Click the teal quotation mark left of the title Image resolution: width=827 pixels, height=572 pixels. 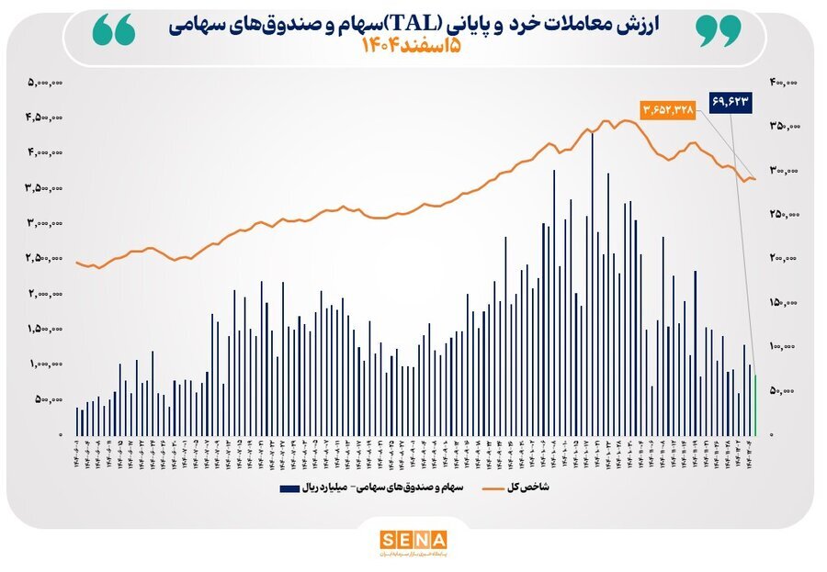coord(114,31)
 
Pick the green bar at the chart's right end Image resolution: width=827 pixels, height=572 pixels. coord(755,405)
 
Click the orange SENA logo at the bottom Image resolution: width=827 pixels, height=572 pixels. coord(413,540)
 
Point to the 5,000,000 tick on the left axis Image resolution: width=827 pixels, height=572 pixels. coord(44,83)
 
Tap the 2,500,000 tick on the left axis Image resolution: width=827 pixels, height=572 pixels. coord(44,259)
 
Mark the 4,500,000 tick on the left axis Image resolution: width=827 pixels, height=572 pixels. coord(44,118)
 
